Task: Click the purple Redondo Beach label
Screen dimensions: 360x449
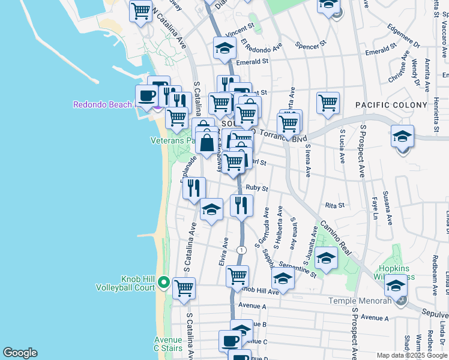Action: click(x=102, y=104)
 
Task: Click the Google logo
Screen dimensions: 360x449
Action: click(x=20, y=353)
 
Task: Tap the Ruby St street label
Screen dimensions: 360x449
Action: click(x=256, y=188)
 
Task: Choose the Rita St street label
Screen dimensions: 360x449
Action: click(x=334, y=205)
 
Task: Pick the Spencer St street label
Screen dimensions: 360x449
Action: click(x=311, y=44)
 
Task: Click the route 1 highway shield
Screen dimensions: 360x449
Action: click(x=241, y=250)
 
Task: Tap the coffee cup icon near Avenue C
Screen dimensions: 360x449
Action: click(x=229, y=340)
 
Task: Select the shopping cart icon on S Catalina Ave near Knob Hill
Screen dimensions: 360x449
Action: click(x=184, y=287)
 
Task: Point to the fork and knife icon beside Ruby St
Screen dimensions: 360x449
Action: click(x=241, y=205)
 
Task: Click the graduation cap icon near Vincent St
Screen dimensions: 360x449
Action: click(x=224, y=49)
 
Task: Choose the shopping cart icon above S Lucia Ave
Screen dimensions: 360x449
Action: click(x=328, y=103)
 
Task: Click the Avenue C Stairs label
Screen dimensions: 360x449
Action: click(x=168, y=343)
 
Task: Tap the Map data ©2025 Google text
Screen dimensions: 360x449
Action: click(x=411, y=355)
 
